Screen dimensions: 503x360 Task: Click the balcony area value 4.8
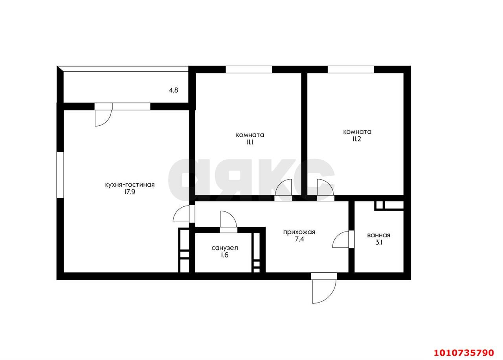[x=173, y=90]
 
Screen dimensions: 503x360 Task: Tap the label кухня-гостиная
[x=130, y=185]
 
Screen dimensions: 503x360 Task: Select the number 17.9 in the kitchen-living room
[x=130, y=192]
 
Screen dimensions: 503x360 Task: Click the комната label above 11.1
[x=250, y=135]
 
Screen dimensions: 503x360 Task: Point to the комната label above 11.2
[x=357, y=132]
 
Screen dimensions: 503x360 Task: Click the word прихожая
[x=299, y=232]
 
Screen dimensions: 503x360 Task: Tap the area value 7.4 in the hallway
[x=299, y=239]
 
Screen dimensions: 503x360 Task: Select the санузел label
[x=225, y=248]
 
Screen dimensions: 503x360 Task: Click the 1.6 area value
[x=224, y=255]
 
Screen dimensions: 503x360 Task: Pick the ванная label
[x=378, y=235]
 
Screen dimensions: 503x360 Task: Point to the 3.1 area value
[x=379, y=242]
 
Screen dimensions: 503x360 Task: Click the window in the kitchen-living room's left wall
[x=60, y=175]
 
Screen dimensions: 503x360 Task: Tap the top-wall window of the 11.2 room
[x=351, y=70]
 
